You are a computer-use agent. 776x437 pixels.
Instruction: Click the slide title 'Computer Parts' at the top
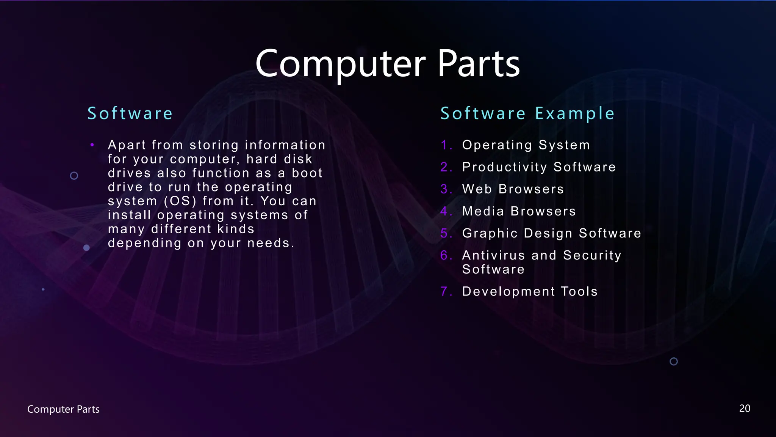(387, 64)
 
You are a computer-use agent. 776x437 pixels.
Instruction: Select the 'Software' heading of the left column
(130, 113)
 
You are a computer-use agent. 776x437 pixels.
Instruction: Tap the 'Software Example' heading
(527, 113)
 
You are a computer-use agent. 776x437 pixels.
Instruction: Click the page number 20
(745, 409)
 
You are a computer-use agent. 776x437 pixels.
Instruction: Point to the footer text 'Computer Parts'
(63, 409)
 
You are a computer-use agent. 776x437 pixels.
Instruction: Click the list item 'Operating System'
(526, 145)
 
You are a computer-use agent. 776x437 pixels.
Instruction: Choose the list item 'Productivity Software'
(539, 167)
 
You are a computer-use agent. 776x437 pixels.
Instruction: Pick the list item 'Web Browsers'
(513, 189)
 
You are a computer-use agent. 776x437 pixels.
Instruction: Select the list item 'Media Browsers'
(519, 211)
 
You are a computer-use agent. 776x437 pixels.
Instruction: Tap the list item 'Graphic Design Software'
(552, 233)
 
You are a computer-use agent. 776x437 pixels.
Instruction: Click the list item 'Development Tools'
(530, 291)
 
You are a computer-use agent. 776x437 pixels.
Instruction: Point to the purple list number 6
(445, 255)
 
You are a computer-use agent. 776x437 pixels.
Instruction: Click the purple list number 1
(445, 145)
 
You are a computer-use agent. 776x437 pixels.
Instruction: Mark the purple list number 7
(445, 291)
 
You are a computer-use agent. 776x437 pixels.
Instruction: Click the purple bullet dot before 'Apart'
(92, 145)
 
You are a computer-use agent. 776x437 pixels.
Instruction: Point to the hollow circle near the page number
(674, 362)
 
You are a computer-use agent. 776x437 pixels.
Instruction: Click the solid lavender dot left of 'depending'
(86, 248)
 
